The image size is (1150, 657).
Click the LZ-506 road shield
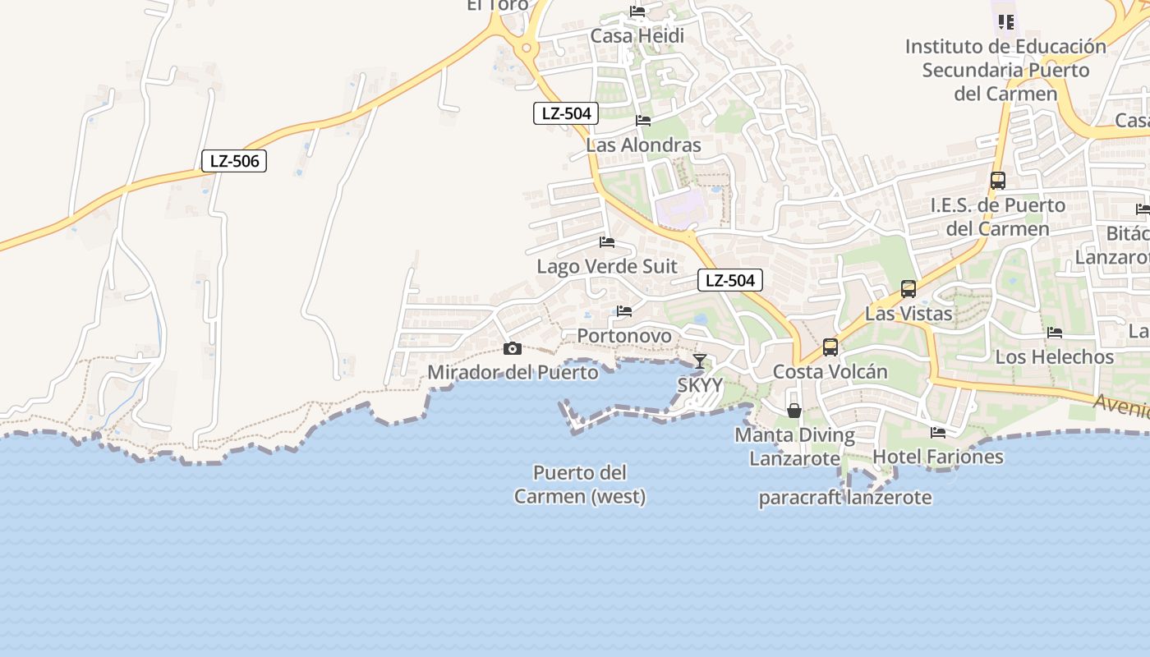[x=234, y=161]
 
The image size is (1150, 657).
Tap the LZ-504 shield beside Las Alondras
[x=566, y=113]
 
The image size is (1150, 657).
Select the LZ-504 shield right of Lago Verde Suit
[x=730, y=280]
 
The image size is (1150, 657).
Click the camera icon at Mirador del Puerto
[x=513, y=349]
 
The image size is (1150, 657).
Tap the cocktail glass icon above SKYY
[x=699, y=361]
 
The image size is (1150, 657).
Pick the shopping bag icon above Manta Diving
[x=794, y=410]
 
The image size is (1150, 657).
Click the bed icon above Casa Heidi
[x=637, y=11]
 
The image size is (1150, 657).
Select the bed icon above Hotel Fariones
[x=938, y=432]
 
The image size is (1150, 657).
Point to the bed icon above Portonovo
[x=624, y=311]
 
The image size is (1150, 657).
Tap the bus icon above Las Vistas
[x=908, y=289]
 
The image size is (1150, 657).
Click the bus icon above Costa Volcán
[x=830, y=347]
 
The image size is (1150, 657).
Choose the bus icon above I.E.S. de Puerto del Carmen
[x=998, y=181]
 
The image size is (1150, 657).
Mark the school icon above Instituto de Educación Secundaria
[x=1005, y=22]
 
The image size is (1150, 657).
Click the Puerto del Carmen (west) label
[x=580, y=485]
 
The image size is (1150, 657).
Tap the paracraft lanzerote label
[x=845, y=498]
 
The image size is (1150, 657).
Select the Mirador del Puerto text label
[x=513, y=372]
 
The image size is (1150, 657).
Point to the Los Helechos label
[x=1055, y=356]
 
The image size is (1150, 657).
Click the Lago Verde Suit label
[x=607, y=266]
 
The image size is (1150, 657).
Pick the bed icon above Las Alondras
[x=643, y=121]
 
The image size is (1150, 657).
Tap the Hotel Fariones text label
[x=938, y=457]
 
